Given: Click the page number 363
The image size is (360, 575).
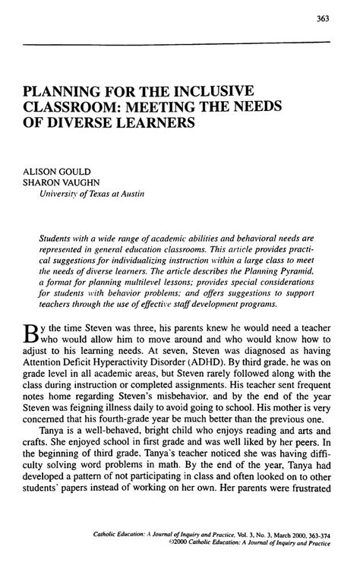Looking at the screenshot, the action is [x=324, y=18].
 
